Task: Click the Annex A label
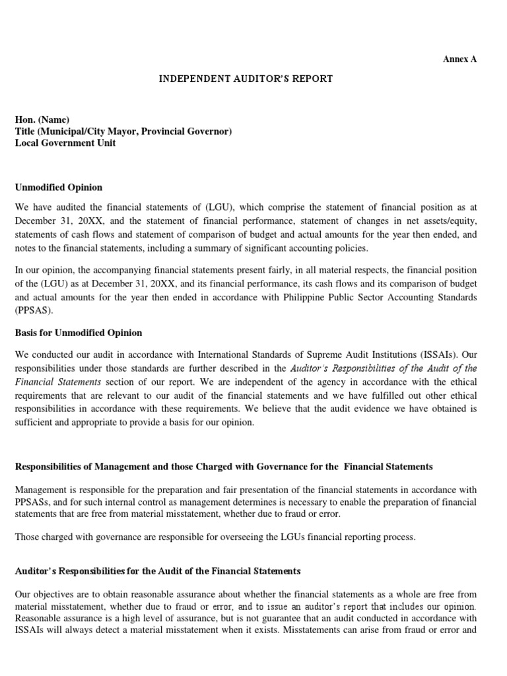click(459, 59)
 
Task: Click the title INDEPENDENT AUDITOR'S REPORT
click(246, 79)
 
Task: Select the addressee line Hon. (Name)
click(42, 119)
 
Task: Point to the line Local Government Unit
click(65, 143)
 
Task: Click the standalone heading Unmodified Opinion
click(59, 187)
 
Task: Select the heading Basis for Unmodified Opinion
click(79, 333)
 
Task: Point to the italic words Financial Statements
click(58, 382)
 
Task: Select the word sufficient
click(35, 422)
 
